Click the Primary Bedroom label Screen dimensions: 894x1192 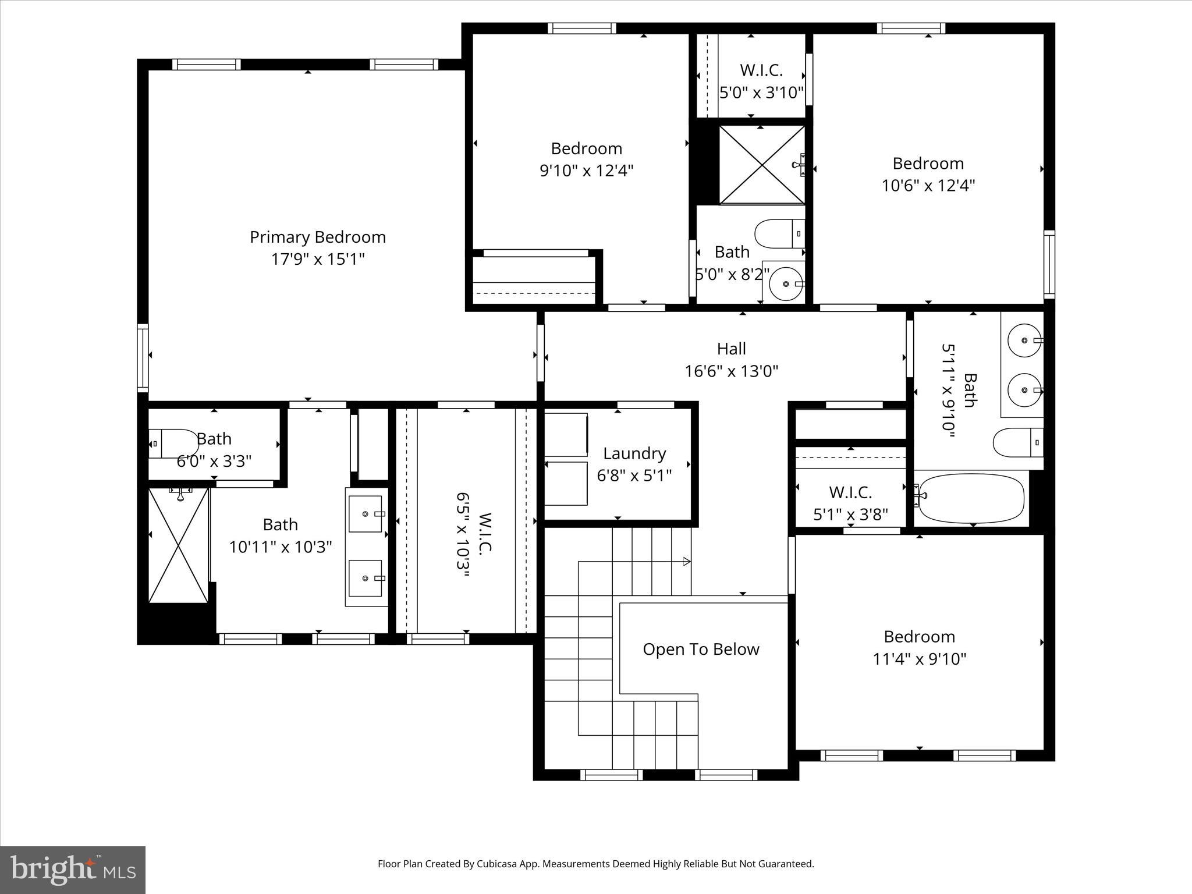point(318,237)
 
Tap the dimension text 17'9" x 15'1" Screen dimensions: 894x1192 point(318,259)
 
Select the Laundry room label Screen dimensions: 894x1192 point(634,453)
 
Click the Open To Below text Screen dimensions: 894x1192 point(701,650)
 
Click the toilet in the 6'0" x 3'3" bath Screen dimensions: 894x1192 point(173,444)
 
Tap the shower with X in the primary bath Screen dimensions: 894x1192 point(178,545)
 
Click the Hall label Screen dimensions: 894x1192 point(731,349)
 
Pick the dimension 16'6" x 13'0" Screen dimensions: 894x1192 point(731,371)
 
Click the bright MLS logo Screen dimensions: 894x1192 point(73,870)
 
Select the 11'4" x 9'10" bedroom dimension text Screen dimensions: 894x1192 point(919,659)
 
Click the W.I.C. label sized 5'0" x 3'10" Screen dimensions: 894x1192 point(761,70)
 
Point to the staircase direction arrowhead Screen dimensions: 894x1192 point(687,562)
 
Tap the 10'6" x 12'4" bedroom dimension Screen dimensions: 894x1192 point(928,186)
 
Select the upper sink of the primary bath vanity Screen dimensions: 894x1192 point(366,514)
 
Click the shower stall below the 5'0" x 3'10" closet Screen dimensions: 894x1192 point(761,165)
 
